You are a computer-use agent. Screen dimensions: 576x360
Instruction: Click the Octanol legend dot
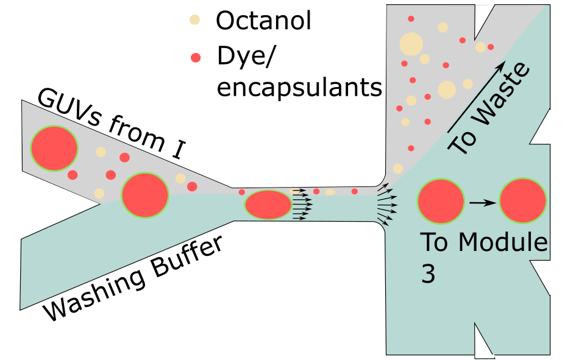[x=194, y=19]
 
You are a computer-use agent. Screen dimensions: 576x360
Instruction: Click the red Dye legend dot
[x=196, y=58]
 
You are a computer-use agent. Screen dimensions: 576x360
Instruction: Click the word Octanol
[x=263, y=20]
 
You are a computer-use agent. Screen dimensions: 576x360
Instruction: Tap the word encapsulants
[x=299, y=88]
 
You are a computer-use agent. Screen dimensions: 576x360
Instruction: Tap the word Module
[x=503, y=242]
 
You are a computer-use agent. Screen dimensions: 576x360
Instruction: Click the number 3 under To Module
[x=428, y=274]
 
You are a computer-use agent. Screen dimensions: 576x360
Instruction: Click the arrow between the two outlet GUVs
[x=483, y=202]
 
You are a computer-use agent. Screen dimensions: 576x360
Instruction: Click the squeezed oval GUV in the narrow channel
[x=268, y=205]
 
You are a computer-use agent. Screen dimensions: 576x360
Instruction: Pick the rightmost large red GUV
[x=522, y=201]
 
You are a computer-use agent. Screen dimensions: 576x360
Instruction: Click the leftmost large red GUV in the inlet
[x=54, y=148]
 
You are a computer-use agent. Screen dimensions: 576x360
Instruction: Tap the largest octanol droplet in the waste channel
[x=411, y=44]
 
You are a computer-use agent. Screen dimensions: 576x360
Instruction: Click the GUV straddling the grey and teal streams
[x=145, y=195]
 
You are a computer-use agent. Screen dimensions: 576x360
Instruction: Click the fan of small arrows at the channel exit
[x=386, y=203]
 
